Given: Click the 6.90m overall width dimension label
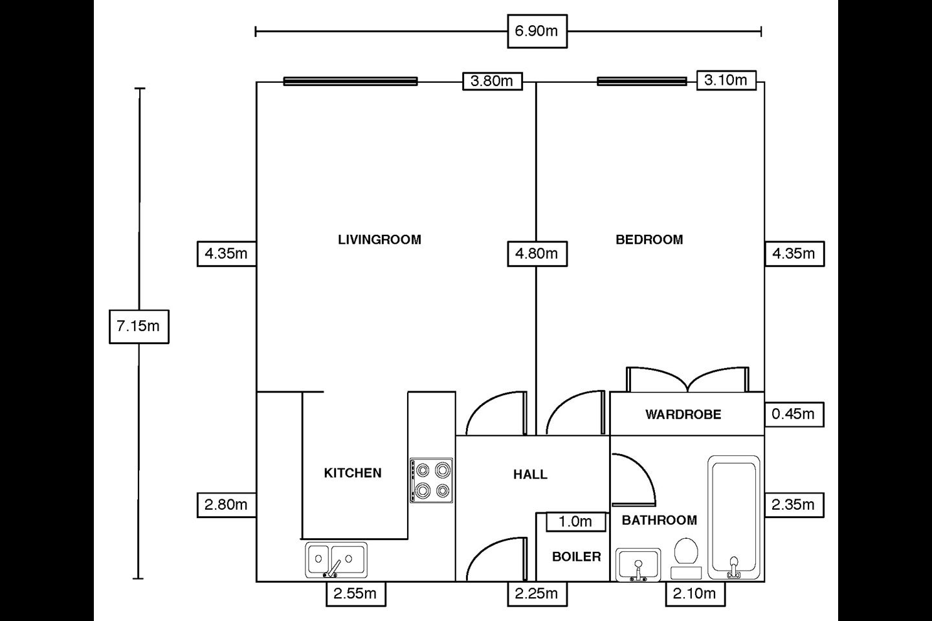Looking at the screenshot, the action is [x=537, y=31].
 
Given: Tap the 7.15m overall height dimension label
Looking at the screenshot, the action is [x=139, y=327].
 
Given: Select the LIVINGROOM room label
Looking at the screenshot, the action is [x=379, y=239].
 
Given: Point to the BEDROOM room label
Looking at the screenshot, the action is [x=649, y=239].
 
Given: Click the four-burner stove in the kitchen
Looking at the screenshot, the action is [x=432, y=481].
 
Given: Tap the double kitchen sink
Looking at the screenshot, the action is [x=336, y=560].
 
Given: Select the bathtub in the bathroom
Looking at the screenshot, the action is [x=734, y=518].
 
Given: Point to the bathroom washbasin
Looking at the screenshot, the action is [x=638, y=565].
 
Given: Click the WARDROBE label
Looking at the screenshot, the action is [x=683, y=414].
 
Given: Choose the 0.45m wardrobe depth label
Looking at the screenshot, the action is [x=794, y=414].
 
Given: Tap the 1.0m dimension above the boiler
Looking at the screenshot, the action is [x=576, y=521].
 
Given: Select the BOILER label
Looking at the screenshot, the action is [x=576, y=556].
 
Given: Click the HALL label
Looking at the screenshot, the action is [x=530, y=475].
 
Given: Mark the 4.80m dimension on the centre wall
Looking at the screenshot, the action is [x=537, y=254].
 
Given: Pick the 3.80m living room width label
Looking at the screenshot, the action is [x=492, y=81].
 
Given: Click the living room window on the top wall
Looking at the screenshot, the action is [x=350, y=81].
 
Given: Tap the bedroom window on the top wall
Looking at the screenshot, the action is [x=641, y=81].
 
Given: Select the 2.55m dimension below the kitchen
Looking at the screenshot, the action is [x=356, y=594].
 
